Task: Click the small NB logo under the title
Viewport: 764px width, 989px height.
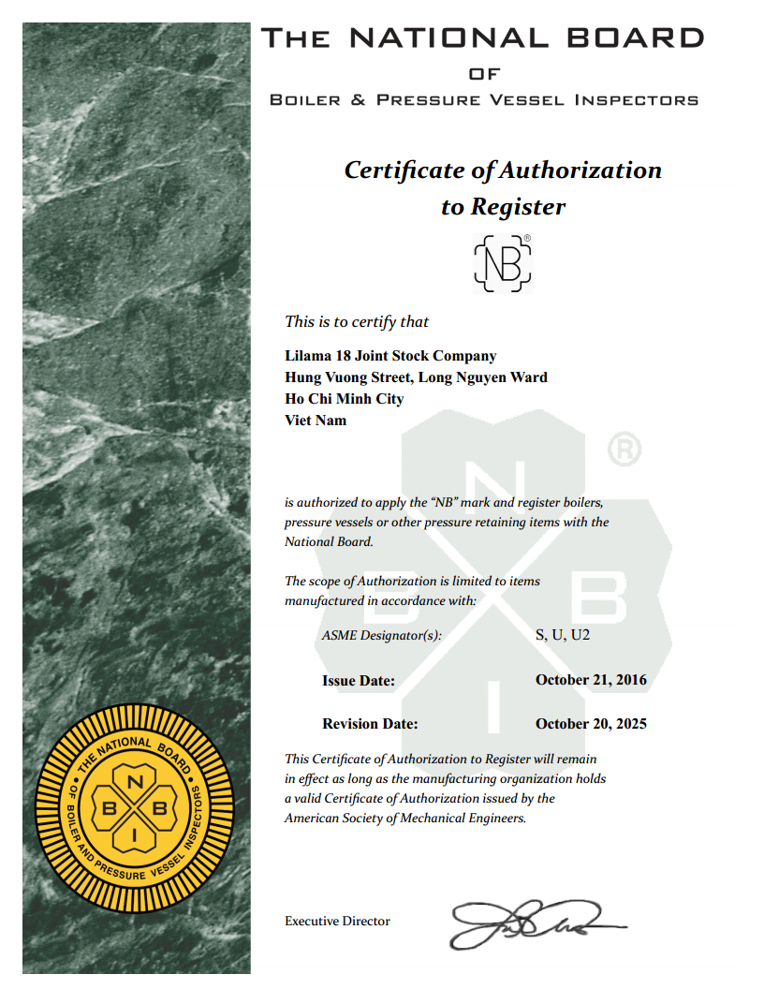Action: [x=503, y=263]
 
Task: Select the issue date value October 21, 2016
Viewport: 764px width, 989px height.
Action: [x=591, y=680]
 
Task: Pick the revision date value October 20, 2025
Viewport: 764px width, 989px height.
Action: [x=591, y=724]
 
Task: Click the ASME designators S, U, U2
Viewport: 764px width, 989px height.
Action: [x=563, y=635]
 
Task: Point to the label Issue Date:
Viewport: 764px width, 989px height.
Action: [x=359, y=681]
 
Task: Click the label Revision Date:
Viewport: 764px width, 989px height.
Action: [x=370, y=724]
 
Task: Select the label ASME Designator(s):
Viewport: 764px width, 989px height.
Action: [x=381, y=636]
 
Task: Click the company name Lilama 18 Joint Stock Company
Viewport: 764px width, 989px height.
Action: [x=390, y=356]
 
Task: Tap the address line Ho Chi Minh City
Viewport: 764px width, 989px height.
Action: [x=344, y=399]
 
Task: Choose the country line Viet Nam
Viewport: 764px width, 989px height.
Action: [x=316, y=421]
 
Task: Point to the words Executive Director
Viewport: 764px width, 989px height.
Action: [x=337, y=922]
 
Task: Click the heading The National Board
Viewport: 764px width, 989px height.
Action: [x=483, y=38]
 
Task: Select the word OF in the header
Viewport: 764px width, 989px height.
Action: [x=484, y=74]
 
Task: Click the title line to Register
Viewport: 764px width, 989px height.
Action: [x=503, y=206]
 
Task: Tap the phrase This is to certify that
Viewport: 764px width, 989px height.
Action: [x=357, y=321]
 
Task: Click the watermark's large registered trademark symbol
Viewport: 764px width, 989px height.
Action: [x=624, y=450]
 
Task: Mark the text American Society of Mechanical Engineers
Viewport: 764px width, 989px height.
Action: [x=405, y=818]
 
